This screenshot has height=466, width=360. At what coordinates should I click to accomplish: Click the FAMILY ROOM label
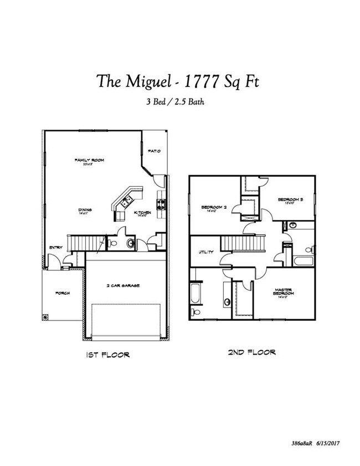pos(90,160)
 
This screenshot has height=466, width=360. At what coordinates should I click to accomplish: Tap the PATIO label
pos(155,151)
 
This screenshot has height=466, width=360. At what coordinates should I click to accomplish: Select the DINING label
pos(84,209)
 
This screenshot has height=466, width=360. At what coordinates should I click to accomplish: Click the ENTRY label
pos(55,247)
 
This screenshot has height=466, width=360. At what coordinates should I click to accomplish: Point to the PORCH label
pos(62,293)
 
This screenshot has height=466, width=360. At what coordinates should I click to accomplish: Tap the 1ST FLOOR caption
pos(108,354)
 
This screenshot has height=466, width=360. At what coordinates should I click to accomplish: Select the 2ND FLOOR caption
pos(253,352)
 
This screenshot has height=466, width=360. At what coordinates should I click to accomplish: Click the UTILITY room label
pos(207,252)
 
